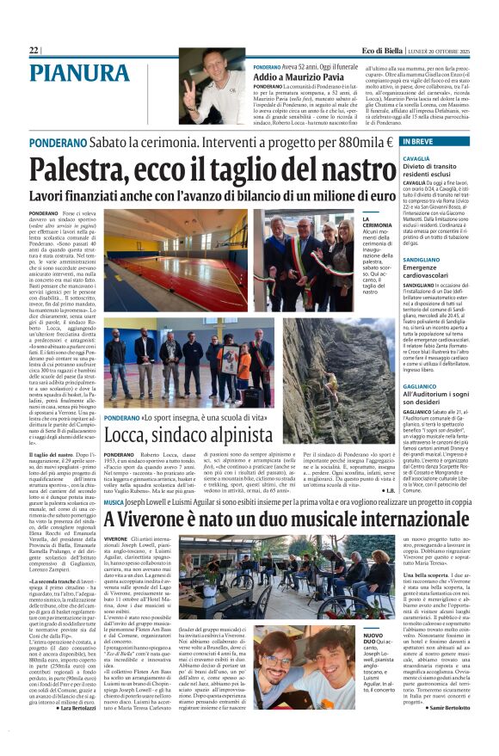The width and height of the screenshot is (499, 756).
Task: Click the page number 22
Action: pyautogui.click(x=34, y=51)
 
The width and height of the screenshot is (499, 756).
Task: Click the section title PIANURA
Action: pyautogui.click(x=79, y=74)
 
